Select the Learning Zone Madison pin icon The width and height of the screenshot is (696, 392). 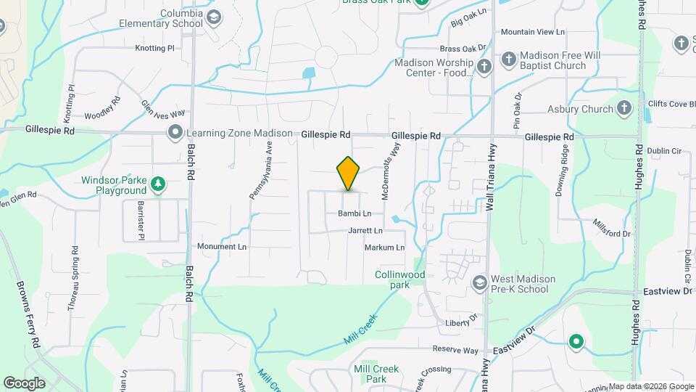coord(175,133)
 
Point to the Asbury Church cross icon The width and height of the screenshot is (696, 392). coord(623,110)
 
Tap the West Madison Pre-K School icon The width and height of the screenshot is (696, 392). coord(479,282)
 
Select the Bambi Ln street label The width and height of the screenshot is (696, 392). coord(355,213)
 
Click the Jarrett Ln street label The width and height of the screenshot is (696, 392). coord(365,231)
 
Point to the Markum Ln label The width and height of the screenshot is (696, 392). coord(384,248)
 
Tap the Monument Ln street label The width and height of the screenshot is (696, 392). coord(222,247)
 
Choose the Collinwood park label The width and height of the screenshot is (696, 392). coord(399,279)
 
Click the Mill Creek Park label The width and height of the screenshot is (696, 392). coord(376,374)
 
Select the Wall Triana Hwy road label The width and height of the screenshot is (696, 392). coord(490,186)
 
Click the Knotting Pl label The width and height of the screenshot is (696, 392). coord(155,48)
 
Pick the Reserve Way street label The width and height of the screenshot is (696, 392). coord(457,350)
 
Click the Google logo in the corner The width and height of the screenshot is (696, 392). coord(24,383)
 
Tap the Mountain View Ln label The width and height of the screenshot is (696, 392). coord(532,32)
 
